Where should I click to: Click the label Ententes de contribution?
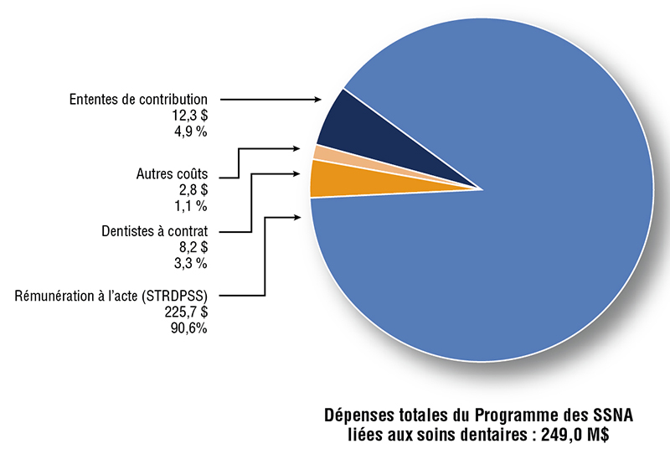tap(138, 100)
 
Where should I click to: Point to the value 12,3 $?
tap(189, 116)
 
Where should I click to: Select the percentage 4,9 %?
tap(189, 132)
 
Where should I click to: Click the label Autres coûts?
tap(171, 175)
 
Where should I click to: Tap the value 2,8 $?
tap(192, 191)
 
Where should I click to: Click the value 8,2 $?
tap(192, 247)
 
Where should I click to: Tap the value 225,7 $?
tap(187, 312)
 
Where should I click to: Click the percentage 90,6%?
tap(188, 328)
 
